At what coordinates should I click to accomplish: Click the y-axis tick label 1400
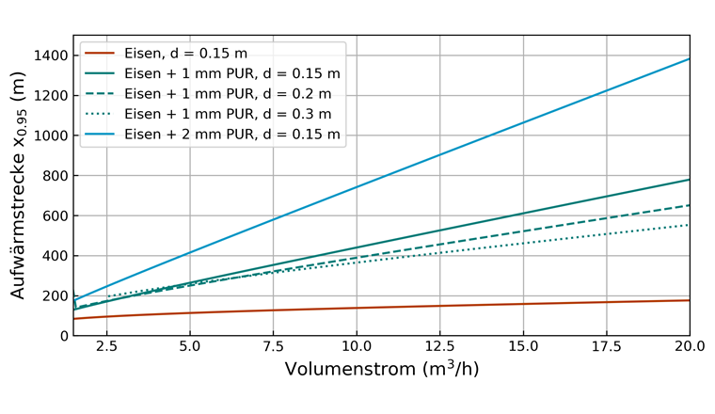tap(48, 56)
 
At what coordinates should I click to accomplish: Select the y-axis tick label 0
tap(62, 336)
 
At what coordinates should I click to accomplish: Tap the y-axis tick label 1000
tap(48, 135)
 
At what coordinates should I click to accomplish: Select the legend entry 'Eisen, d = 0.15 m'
tap(185, 52)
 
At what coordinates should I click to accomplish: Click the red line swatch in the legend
tap(101, 52)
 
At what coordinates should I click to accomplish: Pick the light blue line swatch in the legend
tap(101, 135)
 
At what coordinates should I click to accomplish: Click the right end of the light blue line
tap(690, 58)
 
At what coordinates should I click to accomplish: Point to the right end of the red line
tap(690, 300)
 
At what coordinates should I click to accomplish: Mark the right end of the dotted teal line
tap(690, 225)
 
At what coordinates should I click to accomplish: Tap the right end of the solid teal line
tap(690, 180)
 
